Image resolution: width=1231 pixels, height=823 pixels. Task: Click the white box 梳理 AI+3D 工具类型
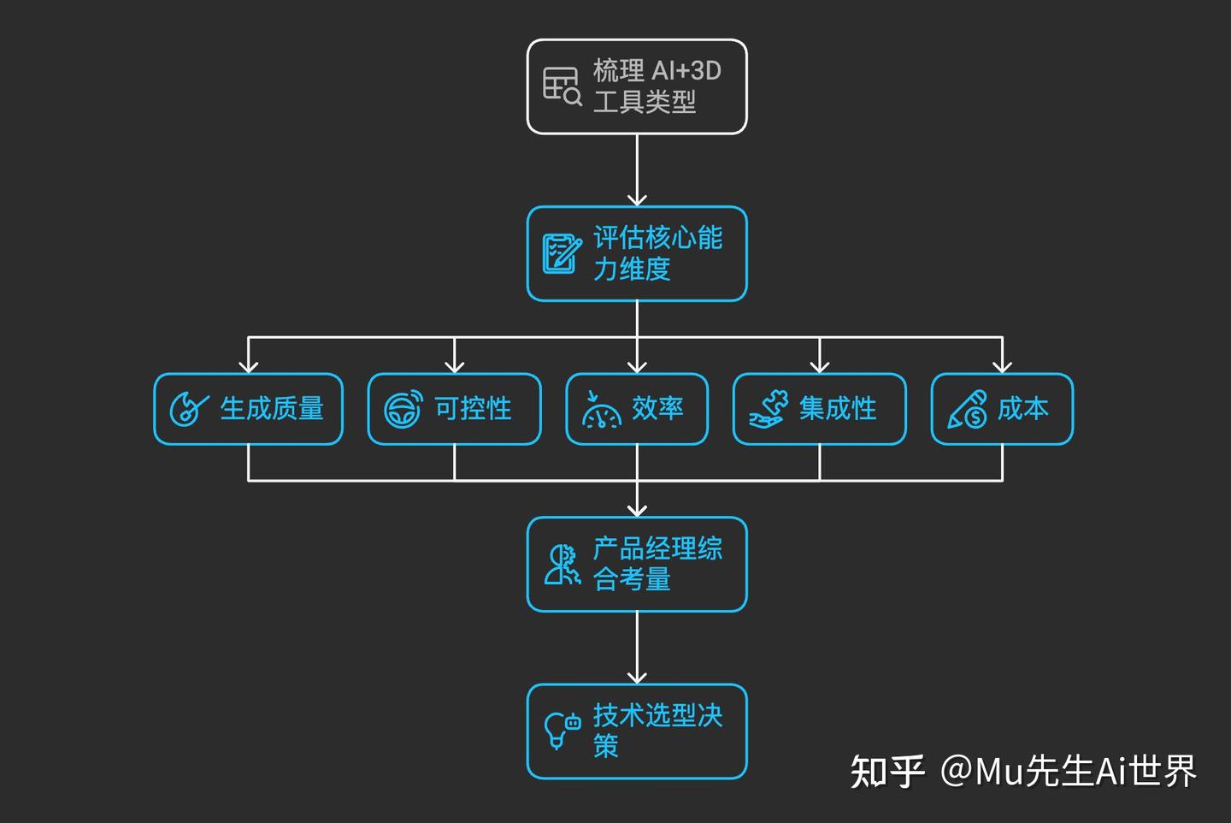click(x=637, y=86)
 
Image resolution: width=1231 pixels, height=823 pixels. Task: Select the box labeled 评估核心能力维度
click(x=637, y=253)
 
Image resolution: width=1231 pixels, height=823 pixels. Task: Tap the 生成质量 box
click(x=248, y=409)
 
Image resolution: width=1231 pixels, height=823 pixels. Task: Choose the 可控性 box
click(x=454, y=409)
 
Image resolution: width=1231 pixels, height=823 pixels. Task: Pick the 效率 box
click(x=637, y=409)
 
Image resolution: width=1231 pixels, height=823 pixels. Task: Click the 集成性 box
click(x=819, y=409)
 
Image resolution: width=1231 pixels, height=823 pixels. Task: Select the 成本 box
click(x=1001, y=409)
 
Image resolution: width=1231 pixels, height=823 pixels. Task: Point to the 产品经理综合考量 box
click(x=637, y=564)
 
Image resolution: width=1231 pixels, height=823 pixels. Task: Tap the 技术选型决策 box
click(x=637, y=731)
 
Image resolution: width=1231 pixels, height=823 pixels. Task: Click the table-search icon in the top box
click(x=562, y=86)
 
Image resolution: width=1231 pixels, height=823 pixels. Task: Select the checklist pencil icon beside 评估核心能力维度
click(x=561, y=253)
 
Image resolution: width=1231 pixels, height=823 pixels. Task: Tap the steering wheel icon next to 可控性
click(x=403, y=410)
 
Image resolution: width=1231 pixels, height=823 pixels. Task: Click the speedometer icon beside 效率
click(x=601, y=410)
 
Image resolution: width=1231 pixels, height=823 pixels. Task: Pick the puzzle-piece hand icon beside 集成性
click(x=769, y=409)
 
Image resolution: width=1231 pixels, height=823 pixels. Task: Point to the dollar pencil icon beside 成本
click(x=968, y=410)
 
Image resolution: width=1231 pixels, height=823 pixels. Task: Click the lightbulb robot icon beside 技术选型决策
click(x=562, y=730)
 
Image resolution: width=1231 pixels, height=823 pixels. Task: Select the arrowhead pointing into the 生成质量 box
click(x=248, y=366)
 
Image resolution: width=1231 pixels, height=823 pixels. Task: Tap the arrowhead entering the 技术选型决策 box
click(x=637, y=677)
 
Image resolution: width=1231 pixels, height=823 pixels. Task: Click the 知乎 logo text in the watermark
click(x=886, y=772)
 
